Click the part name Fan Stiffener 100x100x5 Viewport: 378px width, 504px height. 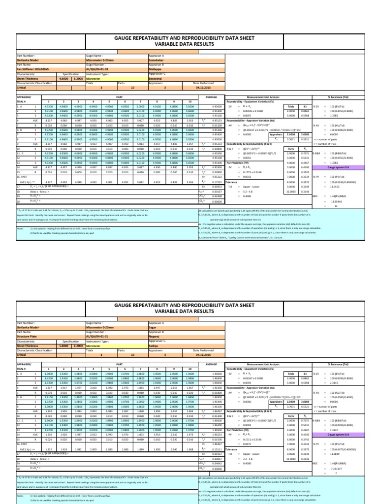[x=31, y=70]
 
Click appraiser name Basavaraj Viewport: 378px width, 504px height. [x=157, y=79]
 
